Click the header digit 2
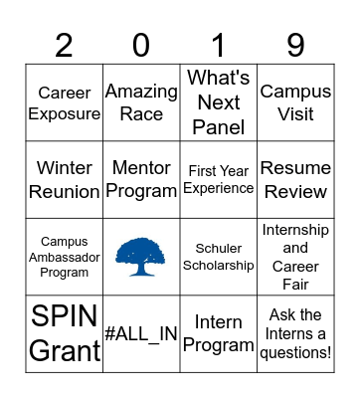tap(65, 45)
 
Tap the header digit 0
tap(141, 45)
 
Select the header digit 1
tap(219, 45)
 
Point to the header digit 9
tap(295, 45)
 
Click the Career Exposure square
tap(65, 102)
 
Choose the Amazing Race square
tap(141, 102)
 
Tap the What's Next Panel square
tap(219, 102)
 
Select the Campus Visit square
tap(295, 102)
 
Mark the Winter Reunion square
tap(65, 179)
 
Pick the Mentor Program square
tap(141, 179)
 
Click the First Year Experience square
tap(219, 179)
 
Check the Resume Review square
tap(295, 179)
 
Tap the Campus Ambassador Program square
tap(65, 257)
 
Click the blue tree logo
tap(141, 257)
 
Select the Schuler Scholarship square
tap(219, 257)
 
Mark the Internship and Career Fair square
tap(295, 257)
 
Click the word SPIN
tap(65, 317)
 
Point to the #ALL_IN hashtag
tap(141, 334)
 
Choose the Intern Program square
tap(219, 334)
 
